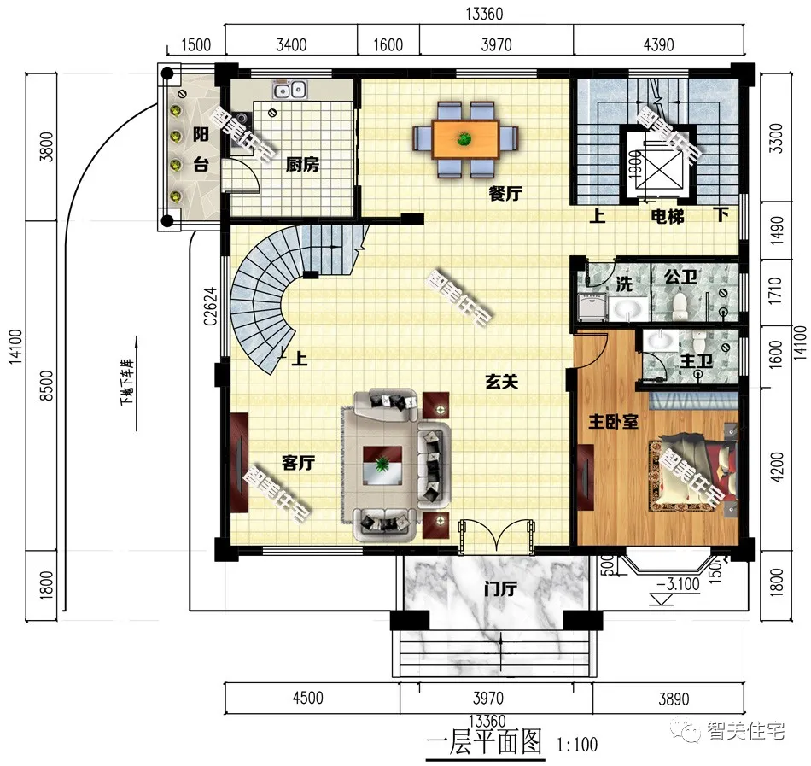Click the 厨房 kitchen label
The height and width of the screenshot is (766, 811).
[301, 165]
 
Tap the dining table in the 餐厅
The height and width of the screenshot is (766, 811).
[465, 139]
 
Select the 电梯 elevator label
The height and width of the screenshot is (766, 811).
[668, 217]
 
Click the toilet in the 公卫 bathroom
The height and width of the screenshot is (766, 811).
[680, 302]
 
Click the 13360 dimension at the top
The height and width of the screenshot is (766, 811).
[484, 14]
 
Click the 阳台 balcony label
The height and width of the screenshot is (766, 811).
[201, 149]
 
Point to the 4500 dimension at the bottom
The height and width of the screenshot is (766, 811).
[308, 698]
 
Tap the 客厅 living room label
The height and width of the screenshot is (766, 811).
[299, 463]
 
